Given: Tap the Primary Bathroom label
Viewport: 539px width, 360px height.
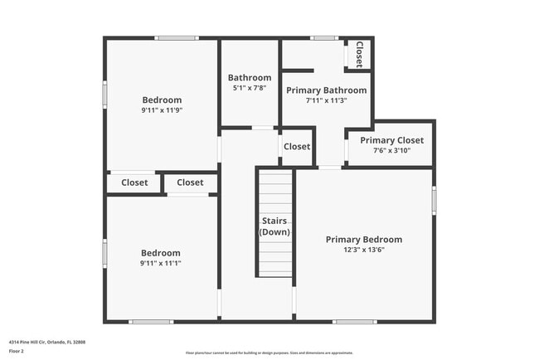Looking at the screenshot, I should (326, 90).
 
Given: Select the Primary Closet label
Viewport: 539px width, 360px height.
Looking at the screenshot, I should (391, 140).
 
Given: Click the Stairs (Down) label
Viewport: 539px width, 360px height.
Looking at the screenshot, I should (274, 226).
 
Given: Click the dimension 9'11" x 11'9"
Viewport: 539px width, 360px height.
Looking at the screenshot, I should (162, 110).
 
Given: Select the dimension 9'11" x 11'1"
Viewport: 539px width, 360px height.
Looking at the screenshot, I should (161, 263).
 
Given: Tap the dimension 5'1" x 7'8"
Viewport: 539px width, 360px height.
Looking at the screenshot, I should (249, 88).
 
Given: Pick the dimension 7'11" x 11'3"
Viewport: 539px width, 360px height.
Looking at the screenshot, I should (326, 100).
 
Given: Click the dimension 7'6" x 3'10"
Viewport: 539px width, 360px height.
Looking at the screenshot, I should (391, 151).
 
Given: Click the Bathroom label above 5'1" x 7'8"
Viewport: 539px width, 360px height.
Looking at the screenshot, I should (250, 78).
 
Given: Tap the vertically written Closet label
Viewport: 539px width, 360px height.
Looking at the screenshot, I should (360, 55).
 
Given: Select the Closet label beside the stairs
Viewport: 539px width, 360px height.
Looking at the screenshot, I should (297, 147).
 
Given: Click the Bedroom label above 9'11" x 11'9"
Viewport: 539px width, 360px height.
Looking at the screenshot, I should (162, 100).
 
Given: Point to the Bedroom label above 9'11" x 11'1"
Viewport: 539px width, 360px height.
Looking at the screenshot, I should (161, 253).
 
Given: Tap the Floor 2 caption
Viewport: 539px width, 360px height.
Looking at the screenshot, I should (17, 351).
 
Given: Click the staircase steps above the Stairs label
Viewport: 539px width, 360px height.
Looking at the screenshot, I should (274, 191).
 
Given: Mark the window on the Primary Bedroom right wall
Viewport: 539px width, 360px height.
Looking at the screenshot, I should (434, 200).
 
